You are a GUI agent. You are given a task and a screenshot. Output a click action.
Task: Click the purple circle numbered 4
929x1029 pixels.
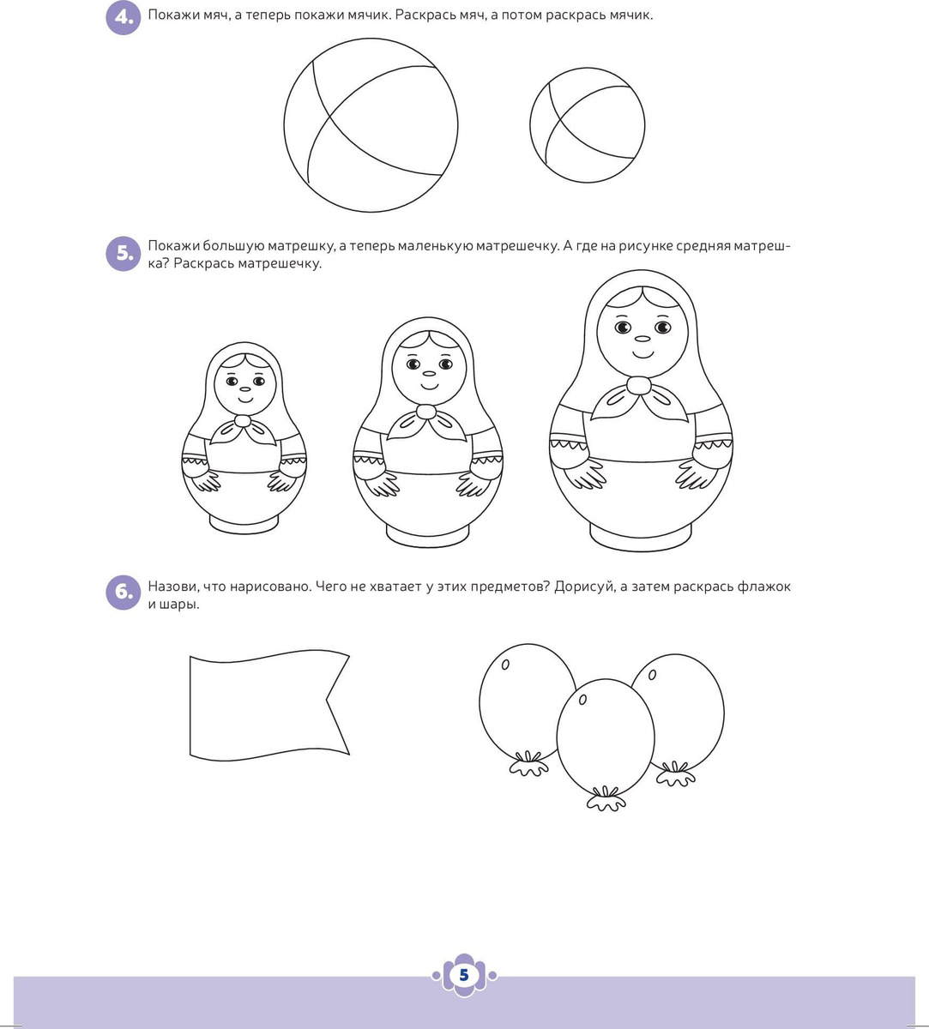[124, 17]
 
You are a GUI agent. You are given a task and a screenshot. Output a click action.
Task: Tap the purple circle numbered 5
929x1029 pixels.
[124, 254]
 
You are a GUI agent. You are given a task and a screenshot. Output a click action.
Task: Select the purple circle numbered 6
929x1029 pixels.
[124, 593]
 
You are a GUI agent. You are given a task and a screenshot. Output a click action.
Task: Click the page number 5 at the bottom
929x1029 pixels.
[464, 975]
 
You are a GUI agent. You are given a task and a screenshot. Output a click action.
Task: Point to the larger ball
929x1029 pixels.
[371, 125]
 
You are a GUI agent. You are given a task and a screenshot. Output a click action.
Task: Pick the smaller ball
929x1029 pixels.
[588, 125]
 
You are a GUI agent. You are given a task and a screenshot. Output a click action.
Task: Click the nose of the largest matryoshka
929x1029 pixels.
[642, 339]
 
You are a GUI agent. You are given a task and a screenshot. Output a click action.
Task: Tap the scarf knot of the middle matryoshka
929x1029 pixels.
[425, 412]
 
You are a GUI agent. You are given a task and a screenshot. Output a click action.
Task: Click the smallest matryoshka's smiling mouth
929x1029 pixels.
[244, 399]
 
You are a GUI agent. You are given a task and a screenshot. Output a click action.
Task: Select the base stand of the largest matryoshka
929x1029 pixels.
[641, 539]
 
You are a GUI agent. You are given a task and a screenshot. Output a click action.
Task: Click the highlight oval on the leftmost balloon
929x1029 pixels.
[505, 665]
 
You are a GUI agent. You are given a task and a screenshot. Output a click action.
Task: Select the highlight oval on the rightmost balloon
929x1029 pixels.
[652, 675]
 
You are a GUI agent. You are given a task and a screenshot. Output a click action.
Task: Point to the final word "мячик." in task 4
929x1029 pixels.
[630, 15]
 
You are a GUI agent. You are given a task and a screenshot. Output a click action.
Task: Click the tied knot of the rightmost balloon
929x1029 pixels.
[675, 774]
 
